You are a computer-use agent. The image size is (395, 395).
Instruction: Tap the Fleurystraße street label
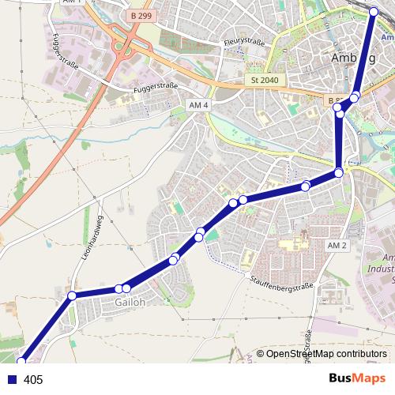point(243,42)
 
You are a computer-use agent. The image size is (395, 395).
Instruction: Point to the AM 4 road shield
point(198,104)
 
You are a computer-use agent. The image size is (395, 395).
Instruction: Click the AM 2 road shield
point(337,246)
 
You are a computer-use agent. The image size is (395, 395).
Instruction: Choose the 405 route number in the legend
point(33,380)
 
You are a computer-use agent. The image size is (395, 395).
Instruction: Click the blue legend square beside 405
point(12,380)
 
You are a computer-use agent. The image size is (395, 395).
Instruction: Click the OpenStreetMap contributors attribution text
point(326,354)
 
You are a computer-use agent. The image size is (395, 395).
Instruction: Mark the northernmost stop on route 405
point(374,11)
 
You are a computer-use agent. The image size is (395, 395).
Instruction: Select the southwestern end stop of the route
point(21,361)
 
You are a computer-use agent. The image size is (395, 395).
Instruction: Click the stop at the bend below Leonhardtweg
point(72,295)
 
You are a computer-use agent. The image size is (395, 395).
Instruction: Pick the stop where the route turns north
point(338,172)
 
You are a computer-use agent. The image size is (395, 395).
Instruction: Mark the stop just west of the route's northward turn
point(306,186)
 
